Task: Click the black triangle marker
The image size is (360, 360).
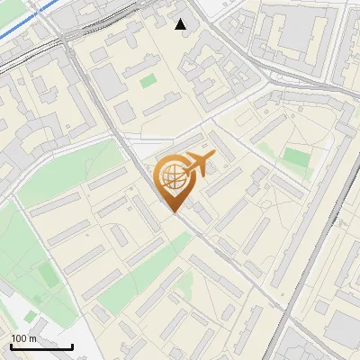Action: point(182,24)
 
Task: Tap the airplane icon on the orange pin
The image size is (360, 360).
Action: point(199,163)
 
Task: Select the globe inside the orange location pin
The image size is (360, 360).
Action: point(173,177)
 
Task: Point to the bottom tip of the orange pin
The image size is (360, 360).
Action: point(175,211)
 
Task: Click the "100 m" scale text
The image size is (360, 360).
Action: point(24,338)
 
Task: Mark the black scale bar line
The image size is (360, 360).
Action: point(41,346)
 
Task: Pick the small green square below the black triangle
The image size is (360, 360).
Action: point(148,81)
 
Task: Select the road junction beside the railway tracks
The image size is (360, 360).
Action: point(67,40)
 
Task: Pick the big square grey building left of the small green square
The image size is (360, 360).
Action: point(108,83)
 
